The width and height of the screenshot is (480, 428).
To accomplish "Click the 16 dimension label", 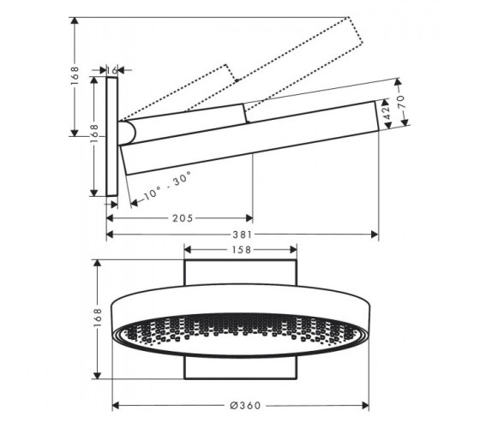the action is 112,70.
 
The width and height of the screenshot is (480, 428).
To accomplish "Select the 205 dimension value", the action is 183,218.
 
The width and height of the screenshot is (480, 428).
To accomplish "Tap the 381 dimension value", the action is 243,235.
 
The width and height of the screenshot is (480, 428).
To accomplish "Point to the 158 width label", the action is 241,250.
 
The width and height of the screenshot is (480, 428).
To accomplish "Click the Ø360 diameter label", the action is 245,406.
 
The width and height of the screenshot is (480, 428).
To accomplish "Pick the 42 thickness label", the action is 387,112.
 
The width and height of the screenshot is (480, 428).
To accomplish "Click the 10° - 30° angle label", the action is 167,186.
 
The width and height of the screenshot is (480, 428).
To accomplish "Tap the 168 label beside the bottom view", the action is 98,318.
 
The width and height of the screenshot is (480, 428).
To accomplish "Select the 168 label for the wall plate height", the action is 94,134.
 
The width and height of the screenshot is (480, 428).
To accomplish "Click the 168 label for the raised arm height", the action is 75,76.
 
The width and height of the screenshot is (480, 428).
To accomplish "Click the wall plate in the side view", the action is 111,137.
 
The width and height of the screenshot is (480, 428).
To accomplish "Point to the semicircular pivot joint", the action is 127,134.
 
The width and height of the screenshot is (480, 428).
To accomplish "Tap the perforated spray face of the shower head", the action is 240,334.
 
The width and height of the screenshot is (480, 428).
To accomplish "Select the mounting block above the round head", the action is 241,272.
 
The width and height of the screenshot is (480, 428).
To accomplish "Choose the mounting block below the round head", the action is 241,368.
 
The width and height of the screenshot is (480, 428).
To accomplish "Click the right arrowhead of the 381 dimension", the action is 375,235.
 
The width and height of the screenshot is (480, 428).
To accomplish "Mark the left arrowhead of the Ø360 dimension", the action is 116,406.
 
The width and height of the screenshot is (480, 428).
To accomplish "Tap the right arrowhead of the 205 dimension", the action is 249,218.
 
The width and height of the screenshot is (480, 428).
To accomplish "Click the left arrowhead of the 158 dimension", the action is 188,250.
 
